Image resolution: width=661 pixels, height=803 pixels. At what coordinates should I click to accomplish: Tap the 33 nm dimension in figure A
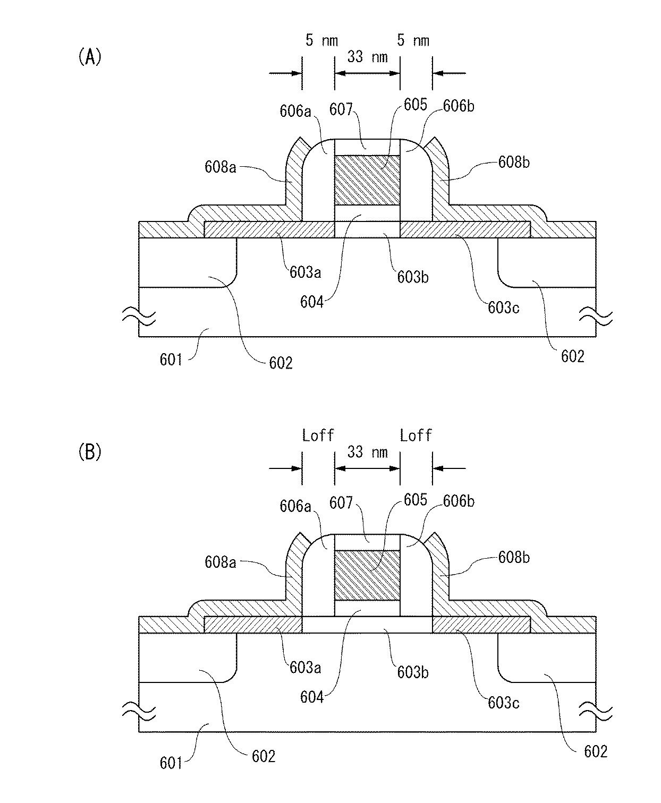pyautogui.click(x=367, y=57)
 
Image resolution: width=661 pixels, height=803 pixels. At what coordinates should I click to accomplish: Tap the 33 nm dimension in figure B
pyautogui.click(x=367, y=452)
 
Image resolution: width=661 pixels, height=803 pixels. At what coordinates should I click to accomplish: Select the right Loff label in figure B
pyautogui.click(x=416, y=436)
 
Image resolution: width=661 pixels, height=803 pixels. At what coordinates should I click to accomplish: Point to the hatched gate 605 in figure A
pyautogui.click(x=367, y=181)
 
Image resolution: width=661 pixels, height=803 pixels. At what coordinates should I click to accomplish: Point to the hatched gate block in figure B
pyautogui.click(x=367, y=576)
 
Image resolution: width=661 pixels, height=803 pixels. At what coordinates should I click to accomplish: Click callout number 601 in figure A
pyautogui.click(x=171, y=360)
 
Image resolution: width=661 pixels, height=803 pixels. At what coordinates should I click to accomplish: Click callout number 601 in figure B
pyautogui.click(x=171, y=763)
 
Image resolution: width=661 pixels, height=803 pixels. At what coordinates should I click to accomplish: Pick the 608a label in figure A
pyautogui.click(x=220, y=167)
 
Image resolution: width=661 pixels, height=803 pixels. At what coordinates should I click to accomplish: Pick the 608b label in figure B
pyautogui.click(x=514, y=557)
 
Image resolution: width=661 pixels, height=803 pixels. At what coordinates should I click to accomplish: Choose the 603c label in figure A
pyautogui.click(x=503, y=307)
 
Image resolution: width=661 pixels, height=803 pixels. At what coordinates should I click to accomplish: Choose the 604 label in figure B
pyautogui.click(x=312, y=697)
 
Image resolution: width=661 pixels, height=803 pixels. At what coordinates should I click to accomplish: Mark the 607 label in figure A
pyautogui.click(x=341, y=110)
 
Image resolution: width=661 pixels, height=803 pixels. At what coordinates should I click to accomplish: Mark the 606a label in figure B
pyautogui.click(x=295, y=506)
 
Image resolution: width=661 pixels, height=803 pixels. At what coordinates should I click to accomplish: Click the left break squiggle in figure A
pyautogui.click(x=139, y=318)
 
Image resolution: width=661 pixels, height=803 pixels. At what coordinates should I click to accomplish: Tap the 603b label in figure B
pyautogui.click(x=413, y=672)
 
